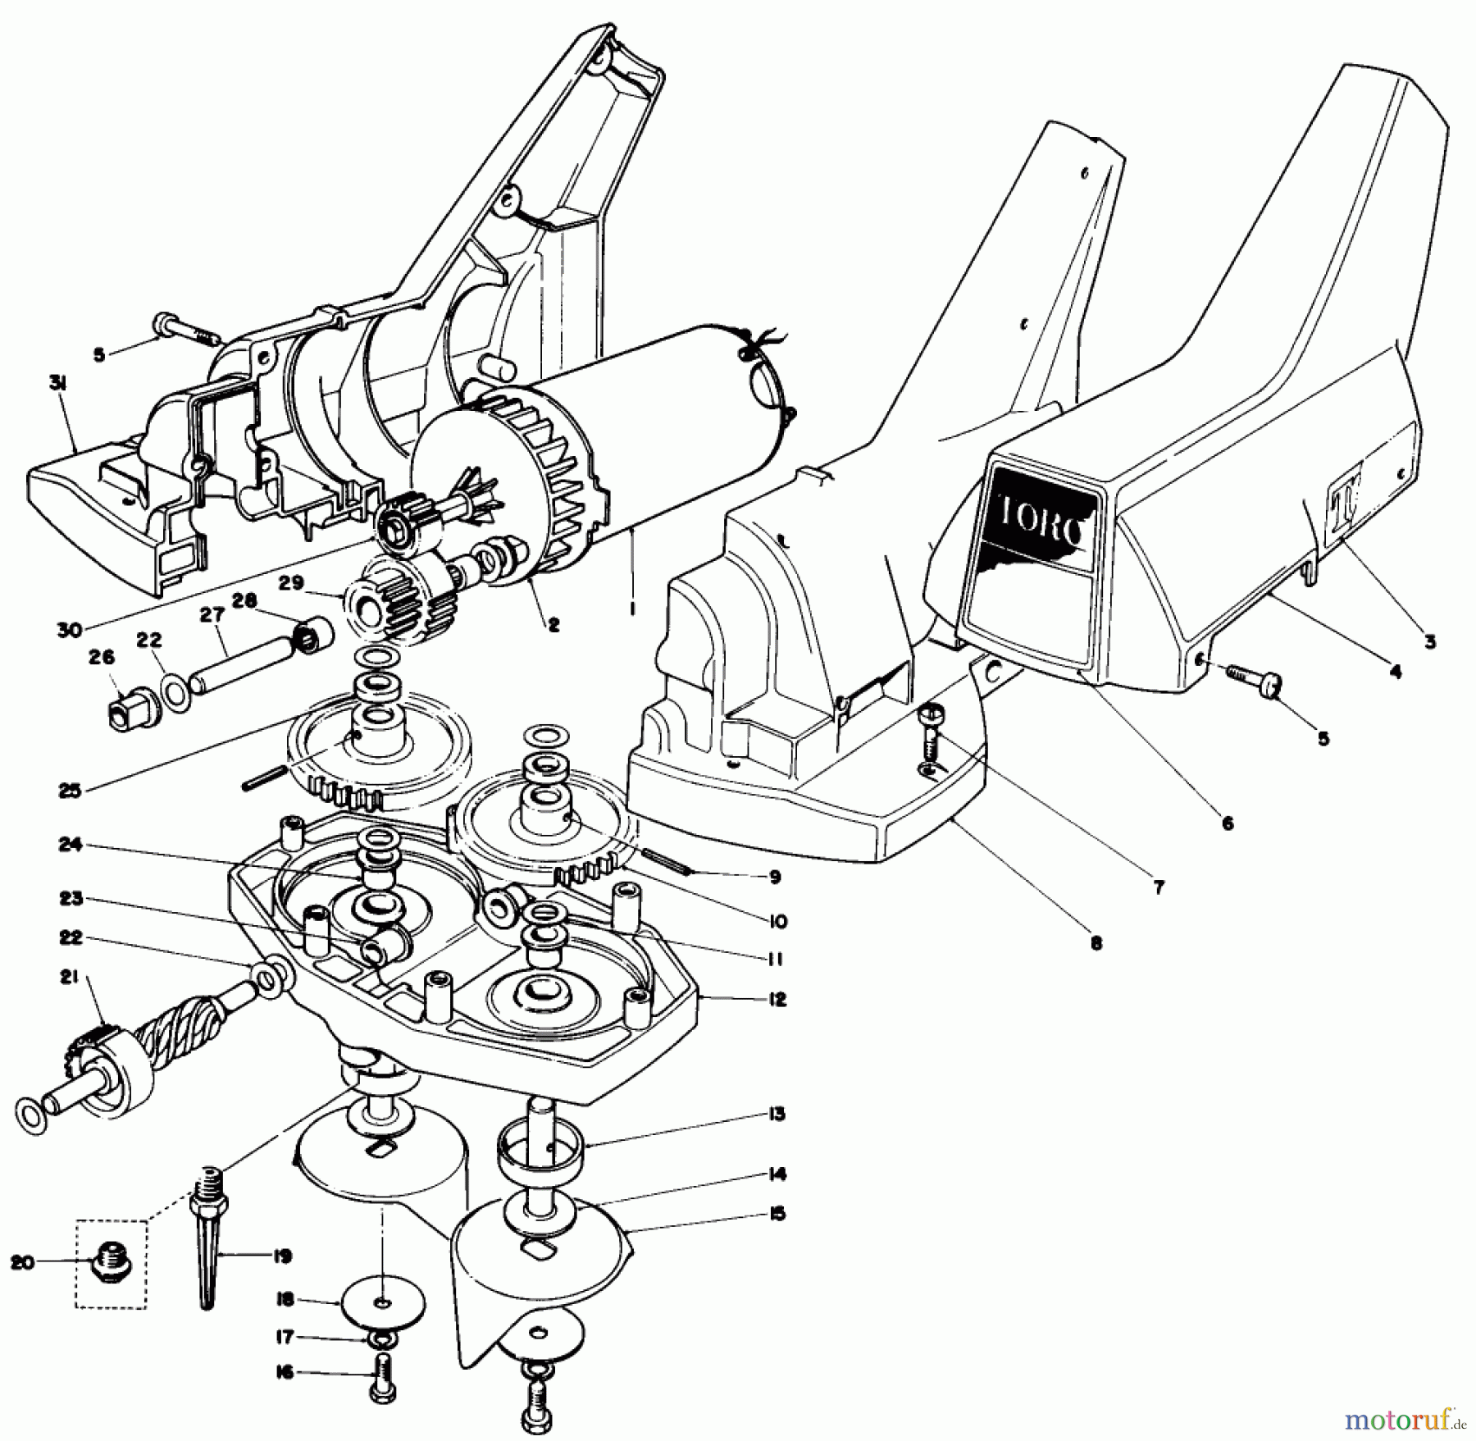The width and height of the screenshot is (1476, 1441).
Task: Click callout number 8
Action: [1096, 943]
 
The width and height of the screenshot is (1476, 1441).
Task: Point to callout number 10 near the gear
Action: [778, 922]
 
